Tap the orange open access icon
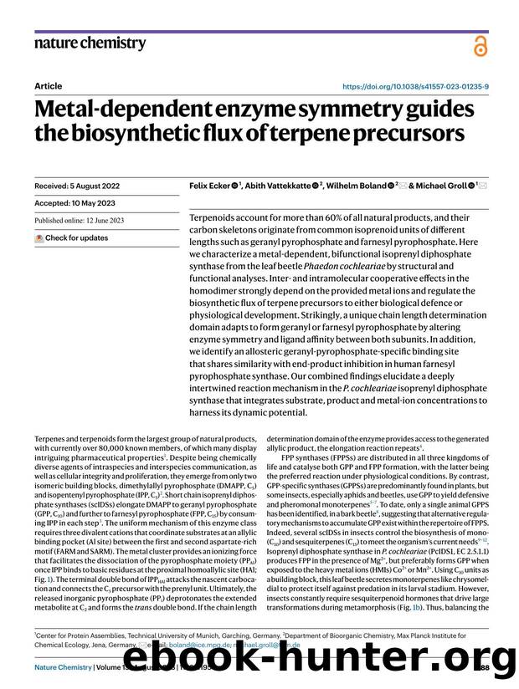480,46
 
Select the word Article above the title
49,85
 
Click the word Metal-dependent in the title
123,109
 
